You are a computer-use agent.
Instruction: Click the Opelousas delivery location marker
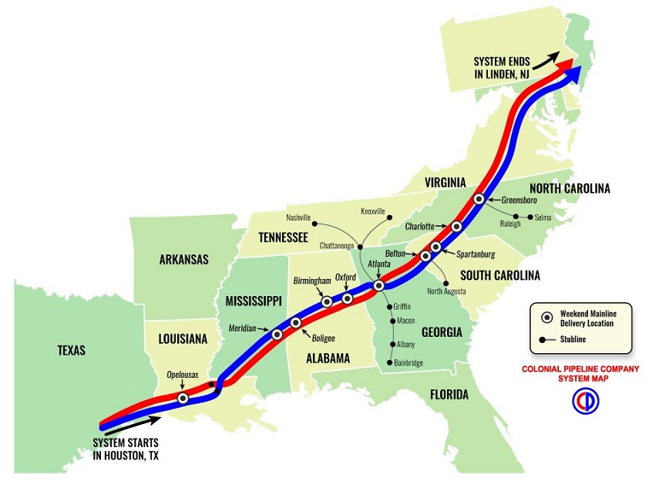(183, 398)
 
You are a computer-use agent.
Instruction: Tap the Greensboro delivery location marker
(479, 199)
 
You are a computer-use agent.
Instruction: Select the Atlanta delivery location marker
(378, 285)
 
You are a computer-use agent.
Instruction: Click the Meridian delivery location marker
(277, 334)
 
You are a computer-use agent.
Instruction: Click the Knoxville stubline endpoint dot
(390, 217)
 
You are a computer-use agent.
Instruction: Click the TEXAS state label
(71, 350)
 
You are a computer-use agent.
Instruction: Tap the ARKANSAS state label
(184, 260)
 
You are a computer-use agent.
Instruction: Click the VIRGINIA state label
(445, 182)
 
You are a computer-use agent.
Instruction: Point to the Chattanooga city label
(336, 246)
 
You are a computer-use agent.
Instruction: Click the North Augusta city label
(446, 291)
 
